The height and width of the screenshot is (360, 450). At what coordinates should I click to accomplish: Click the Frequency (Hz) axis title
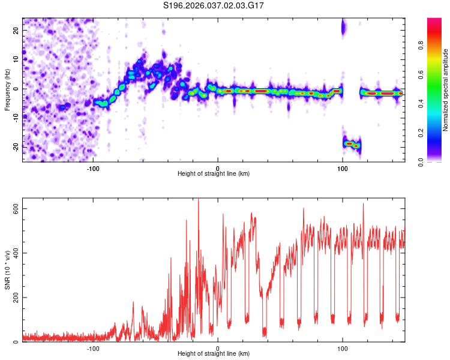tap(7, 89)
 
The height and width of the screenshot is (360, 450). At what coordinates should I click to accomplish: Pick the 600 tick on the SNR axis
tap(14, 209)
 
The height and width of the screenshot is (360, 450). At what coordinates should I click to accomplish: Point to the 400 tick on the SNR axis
tap(14, 253)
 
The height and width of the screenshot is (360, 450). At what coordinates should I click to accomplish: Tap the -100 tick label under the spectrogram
tap(93, 167)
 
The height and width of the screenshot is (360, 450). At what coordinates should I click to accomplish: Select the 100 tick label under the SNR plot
tap(342, 349)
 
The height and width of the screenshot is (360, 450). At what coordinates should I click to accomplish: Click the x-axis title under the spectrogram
tap(214, 174)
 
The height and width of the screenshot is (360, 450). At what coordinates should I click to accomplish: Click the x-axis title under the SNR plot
tap(214, 355)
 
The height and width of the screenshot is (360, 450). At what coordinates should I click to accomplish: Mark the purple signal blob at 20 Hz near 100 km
tap(344, 26)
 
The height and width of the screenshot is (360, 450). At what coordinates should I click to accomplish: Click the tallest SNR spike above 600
tap(198, 200)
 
